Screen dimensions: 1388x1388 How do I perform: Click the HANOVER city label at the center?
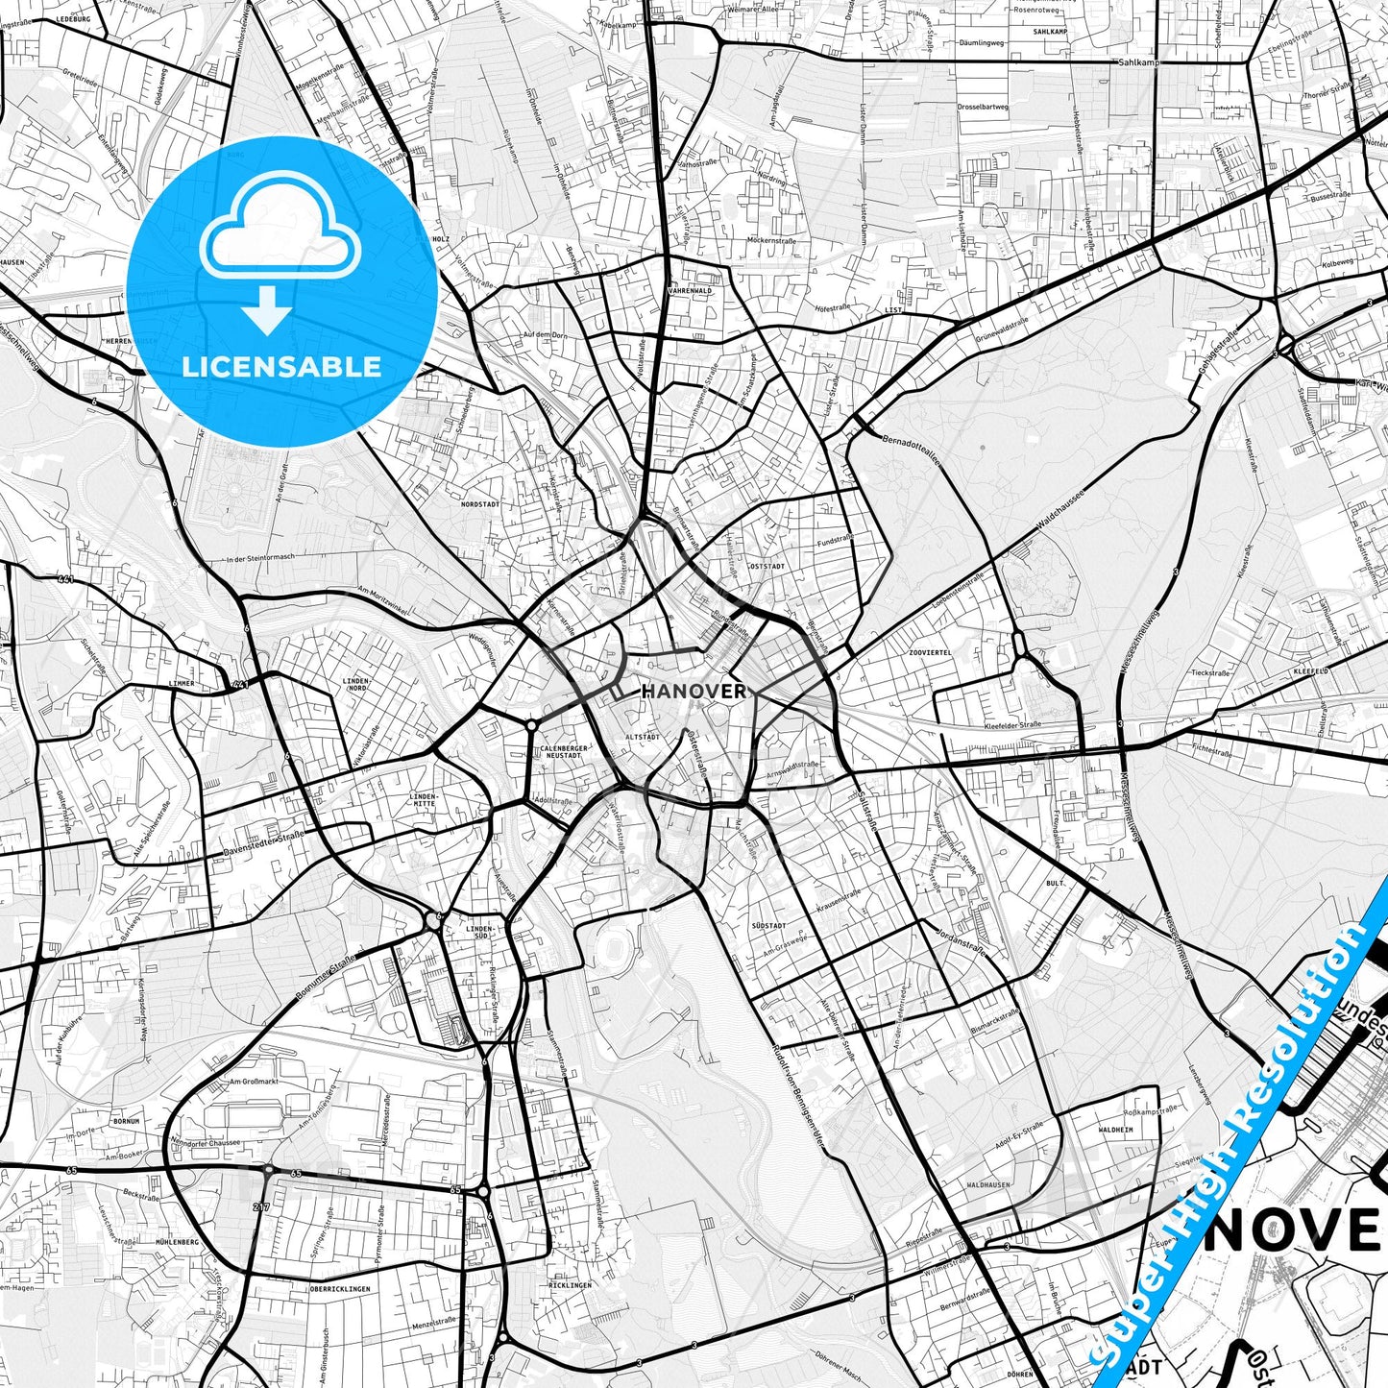tap(693, 692)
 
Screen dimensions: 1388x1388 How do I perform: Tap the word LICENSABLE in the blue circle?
tap(281, 367)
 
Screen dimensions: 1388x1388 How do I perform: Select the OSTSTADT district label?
tap(767, 567)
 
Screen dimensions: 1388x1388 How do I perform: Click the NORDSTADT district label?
tap(480, 503)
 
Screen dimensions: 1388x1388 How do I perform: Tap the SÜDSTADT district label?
tap(768, 926)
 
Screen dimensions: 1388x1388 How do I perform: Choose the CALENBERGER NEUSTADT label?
tap(562, 751)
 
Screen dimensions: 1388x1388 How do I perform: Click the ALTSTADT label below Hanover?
tap(643, 737)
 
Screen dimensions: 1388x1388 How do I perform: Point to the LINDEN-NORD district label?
tap(356, 684)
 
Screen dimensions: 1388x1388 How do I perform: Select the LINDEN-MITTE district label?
tap(424, 800)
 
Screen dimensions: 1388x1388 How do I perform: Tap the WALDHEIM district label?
tap(1114, 1131)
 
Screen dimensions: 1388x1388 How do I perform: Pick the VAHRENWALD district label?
tap(691, 290)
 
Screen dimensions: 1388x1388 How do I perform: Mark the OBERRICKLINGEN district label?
tap(340, 1289)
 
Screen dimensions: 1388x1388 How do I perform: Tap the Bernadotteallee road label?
tap(911, 450)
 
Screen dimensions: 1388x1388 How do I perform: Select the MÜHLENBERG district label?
tap(176, 1242)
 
